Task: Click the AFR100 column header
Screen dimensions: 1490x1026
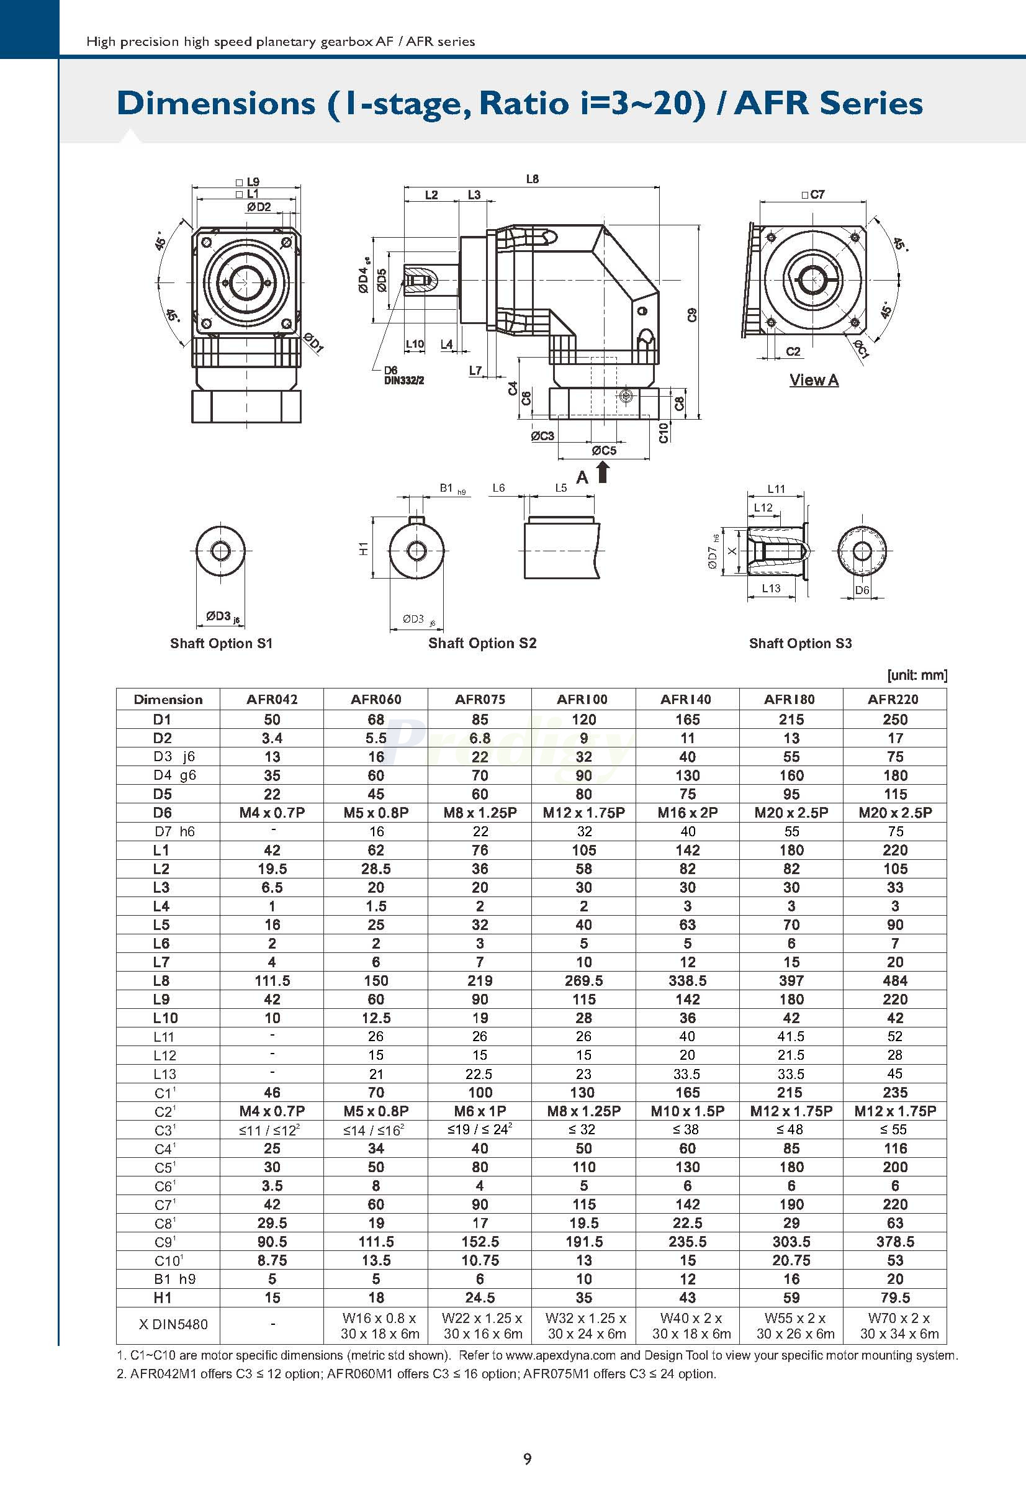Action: (x=582, y=699)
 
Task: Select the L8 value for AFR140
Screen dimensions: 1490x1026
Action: (x=687, y=981)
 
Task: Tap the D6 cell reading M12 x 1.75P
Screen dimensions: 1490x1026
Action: (x=583, y=813)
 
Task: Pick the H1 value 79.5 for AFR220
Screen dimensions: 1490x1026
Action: (x=895, y=1298)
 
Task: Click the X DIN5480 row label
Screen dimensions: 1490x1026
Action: (x=174, y=1325)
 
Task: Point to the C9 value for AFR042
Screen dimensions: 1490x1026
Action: (x=272, y=1242)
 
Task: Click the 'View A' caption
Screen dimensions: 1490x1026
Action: (x=814, y=380)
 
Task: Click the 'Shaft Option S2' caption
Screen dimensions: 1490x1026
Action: (x=482, y=643)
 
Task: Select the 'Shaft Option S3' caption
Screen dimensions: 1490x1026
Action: (x=799, y=643)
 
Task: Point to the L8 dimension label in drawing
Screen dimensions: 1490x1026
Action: (x=533, y=179)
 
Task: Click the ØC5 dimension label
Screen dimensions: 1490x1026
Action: (x=604, y=450)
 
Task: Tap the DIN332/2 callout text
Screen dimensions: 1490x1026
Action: (x=403, y=381)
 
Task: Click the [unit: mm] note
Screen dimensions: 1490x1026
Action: (x=917, y=675)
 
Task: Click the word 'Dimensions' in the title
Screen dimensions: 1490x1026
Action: (x=216, y=104)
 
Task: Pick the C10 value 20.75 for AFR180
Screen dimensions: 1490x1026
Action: (x=791, y=1260)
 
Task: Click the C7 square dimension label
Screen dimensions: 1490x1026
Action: (x=813, y=194)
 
